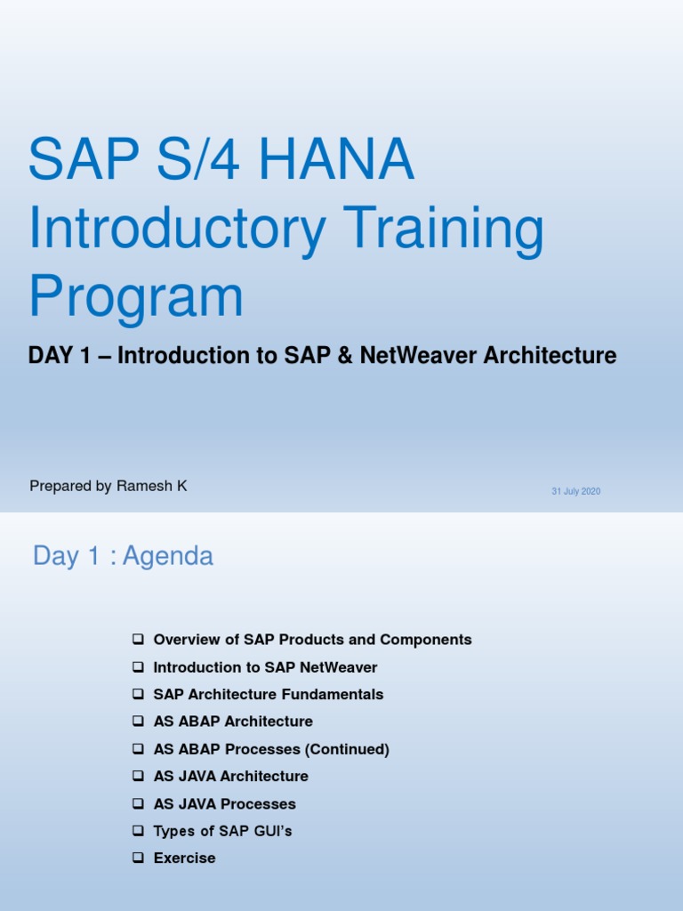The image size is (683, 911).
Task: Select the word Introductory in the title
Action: click(177, 229)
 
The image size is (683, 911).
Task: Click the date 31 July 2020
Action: click(575, 491)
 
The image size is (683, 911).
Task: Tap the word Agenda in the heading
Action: click(168, 556)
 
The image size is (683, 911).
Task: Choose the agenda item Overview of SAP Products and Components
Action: click(312, 640)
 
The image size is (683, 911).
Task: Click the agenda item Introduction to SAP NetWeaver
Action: click(265, 667)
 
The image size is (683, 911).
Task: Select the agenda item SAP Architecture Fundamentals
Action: click(269, 694)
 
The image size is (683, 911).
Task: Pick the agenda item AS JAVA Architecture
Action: click(230, 776)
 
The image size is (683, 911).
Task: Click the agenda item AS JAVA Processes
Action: click(224, 803)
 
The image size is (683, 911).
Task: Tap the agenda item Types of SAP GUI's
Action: click(222, 831)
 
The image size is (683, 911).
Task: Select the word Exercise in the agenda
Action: click(184, 858)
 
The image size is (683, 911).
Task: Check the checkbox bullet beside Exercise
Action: click(137, 859)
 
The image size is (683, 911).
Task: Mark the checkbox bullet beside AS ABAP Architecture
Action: click(137, 722)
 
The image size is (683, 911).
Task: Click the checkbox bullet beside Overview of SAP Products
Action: click(137, 640)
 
